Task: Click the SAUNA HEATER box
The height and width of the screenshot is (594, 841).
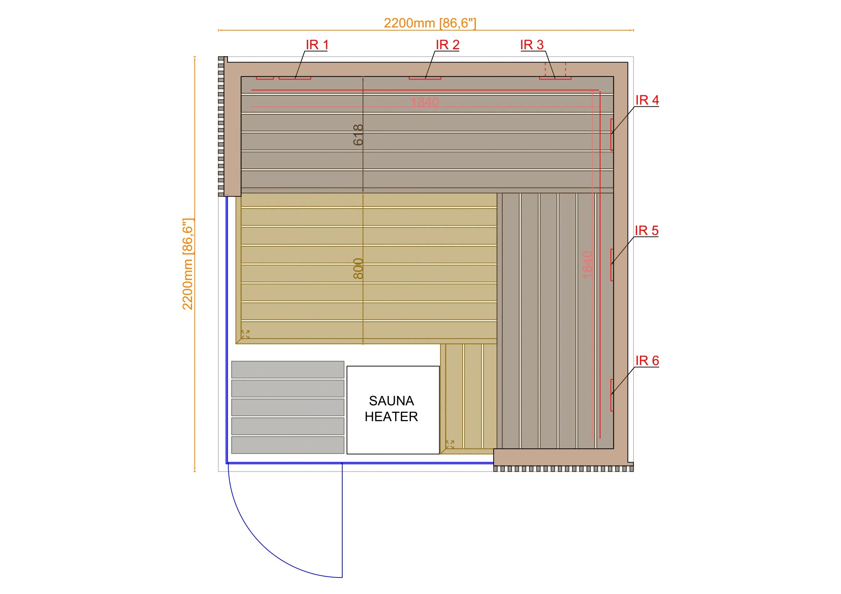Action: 393,410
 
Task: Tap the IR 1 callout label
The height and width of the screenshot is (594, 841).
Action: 317,45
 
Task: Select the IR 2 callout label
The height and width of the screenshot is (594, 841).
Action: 447,45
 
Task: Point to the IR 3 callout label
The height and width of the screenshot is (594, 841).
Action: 532,45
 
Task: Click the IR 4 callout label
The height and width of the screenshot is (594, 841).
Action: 647,100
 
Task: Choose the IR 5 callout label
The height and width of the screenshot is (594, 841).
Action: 646,231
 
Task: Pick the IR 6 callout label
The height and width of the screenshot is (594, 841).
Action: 647,361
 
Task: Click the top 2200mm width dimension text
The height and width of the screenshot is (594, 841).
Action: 430,23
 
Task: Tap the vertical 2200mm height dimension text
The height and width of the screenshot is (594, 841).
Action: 188,264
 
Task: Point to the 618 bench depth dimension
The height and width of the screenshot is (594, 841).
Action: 358,135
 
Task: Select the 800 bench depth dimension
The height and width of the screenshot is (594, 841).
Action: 358,268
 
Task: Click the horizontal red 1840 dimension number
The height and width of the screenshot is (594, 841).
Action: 425,102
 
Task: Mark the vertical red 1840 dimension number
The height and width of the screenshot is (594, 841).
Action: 587,264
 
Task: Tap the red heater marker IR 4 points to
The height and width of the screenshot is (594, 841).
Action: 612,134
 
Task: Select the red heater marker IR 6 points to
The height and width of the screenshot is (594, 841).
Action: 612,395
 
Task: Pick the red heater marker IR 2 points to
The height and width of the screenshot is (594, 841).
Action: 425,78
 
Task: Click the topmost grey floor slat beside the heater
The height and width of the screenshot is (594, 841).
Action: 288,370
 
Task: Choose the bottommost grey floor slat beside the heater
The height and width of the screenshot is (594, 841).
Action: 288,445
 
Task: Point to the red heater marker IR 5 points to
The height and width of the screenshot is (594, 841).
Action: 612,264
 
